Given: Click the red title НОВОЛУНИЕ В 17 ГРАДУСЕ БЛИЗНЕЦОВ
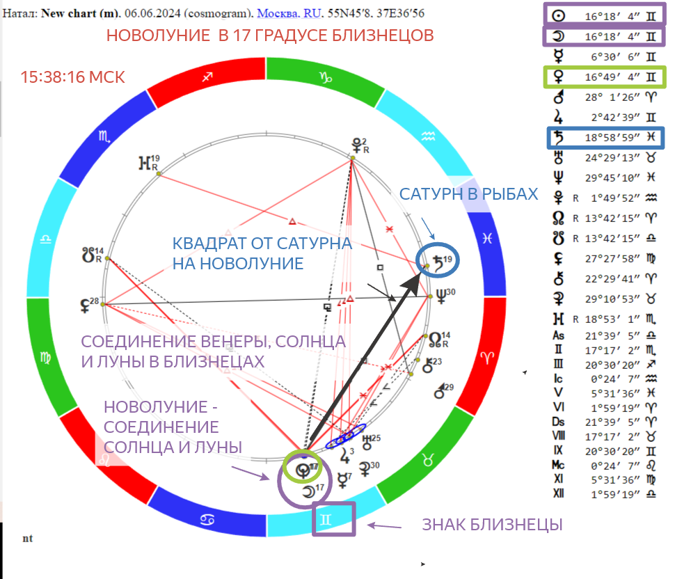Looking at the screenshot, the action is tap(270, 35).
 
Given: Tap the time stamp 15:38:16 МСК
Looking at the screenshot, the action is tap(73, 77).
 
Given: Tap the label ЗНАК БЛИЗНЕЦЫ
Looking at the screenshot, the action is tap(492, 525).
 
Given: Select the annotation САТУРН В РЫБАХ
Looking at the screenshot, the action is tap(468, 193).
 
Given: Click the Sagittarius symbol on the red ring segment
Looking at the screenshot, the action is tap(206, 77).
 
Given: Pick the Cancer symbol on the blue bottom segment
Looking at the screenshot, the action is tap(207, 518).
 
